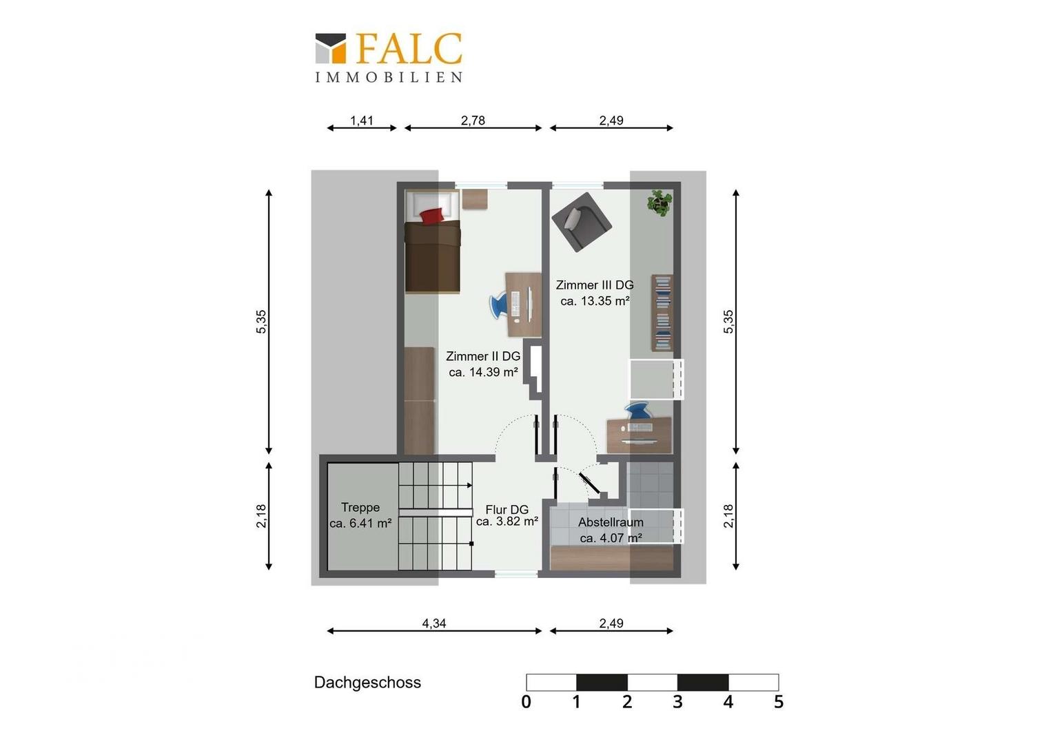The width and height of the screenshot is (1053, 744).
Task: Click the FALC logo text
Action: pyautogui.click(x=409, y=48)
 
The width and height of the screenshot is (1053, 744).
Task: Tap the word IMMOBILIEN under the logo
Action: pyautogui.click(x=389, y=78)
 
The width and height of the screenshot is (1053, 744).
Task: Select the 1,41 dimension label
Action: pyautogui.click(x=362, y=121)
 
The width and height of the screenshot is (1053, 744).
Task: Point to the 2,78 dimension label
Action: pyautogui.click(x=473, y=121)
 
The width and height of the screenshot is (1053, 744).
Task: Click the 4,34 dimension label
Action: pyautogui.click(x=434, y=623)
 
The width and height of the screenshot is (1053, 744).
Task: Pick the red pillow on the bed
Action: pyautogui.click(x=432, y=216)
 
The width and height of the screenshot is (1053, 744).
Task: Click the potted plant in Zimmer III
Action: pyautogui.click(x=660, y=203)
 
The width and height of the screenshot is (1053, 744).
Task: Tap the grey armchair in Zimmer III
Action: pyautogui.click(x=582, y=221)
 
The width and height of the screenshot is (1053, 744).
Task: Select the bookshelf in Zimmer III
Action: pyautogui.click(x=662, y=313)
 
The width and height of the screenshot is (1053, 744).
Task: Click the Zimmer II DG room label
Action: pyautogui.click(x=483, y=356)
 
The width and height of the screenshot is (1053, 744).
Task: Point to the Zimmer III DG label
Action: pyautogui.click(x=595, y=285)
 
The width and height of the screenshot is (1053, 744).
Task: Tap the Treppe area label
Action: pyautogui.click(x=360, y=508)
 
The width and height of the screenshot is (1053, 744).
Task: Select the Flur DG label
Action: pyautogui.click(x=507, y=510)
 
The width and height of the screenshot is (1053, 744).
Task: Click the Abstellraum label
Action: pyautogui.click(x=611, y=522)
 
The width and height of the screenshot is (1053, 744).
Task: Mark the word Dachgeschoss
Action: pyautogui.click(x=367, y=683)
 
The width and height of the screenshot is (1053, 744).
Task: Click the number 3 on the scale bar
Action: pyautogui.click(x=677, y=702)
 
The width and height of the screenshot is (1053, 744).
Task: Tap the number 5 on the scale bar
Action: pyautogui.click(x=779, y=702)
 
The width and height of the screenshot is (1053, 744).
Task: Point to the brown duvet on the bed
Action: pyautogui.click(x=433, y=257)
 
